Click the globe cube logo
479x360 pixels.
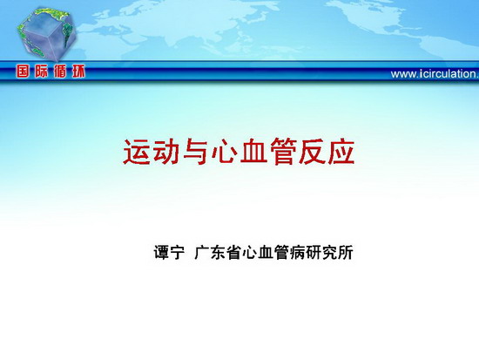(46, 33)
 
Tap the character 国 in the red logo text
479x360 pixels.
(23, 71)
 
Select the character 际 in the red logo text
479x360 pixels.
(41, 71)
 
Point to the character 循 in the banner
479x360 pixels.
(60, 71)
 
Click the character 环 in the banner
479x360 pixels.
(78, 71)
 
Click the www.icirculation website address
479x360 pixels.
(435, 74)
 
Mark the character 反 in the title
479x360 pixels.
(312, 152)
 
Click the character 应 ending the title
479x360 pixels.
(341, 152)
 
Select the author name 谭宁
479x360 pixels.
(169, 252)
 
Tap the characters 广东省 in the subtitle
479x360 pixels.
(218, 252)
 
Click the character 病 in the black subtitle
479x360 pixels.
(298, 252)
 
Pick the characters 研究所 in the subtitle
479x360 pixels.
(329, 252)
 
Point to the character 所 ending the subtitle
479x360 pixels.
(346, 252)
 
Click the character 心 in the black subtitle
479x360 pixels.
(250, 252)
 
